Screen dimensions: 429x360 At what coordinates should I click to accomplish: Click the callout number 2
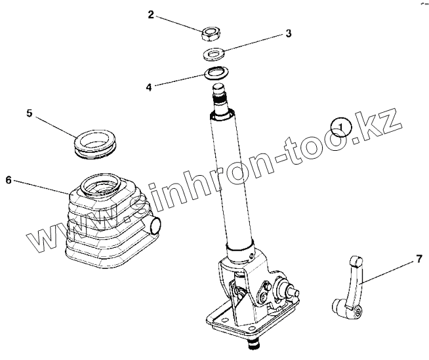click(151, 15)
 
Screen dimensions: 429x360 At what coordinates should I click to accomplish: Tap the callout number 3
click(289, 33)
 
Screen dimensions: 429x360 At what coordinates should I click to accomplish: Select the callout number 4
click(149, 87)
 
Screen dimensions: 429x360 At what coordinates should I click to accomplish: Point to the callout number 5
click(30, 113)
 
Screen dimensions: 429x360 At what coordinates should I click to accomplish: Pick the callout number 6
click(9, 180)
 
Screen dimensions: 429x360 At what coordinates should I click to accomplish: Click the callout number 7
click(419, 259)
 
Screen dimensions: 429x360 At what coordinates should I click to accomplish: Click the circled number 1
click(340, 127)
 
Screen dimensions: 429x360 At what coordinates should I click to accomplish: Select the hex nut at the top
click(211, 34)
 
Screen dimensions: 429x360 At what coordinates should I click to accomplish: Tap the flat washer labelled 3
click(214, 54)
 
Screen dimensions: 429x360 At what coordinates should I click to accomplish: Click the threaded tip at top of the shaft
click(220, 94)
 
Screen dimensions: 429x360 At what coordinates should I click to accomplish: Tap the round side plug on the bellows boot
click(155, 224)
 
